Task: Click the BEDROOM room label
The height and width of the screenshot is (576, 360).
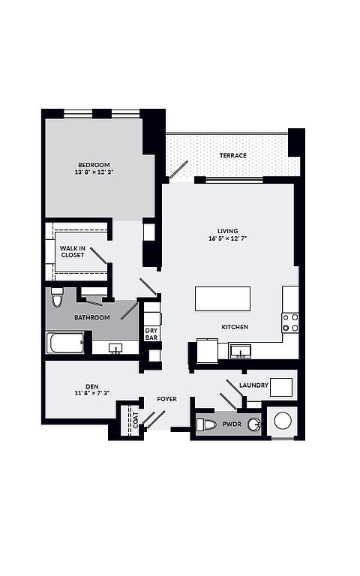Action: (x=94, y=165)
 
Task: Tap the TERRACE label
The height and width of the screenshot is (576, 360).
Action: (x=233, y=155)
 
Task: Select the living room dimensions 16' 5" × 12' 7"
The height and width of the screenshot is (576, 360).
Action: (x=227, y=238)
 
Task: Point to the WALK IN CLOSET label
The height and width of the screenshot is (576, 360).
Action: (x=72, y=252)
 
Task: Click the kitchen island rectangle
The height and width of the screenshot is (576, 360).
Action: (x=223, y=298)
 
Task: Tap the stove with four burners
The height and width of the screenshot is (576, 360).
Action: (x=290, y=322)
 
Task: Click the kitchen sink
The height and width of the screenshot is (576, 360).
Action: (x=240, y=351)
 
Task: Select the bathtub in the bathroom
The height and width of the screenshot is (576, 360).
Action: (x=65, y=343)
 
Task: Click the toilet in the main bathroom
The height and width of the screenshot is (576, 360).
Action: (x=57, y=297)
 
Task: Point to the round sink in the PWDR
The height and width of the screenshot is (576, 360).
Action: (x=253, y=424)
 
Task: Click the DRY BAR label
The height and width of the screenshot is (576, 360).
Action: (x=151, y=334)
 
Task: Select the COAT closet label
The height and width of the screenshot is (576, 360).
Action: (x=136, y=420)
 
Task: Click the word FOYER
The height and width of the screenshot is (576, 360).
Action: (x=166, y=399)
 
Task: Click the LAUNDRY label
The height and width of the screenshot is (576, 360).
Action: (x=253, y=385)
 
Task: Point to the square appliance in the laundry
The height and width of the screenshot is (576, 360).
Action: (x=281, y=387)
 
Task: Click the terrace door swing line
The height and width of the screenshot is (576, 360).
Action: (x=178, y=169)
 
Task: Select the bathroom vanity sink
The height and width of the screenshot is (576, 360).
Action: (x=116, y=348)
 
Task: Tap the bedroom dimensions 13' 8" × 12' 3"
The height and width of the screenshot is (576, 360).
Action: (x=94, y=172)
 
